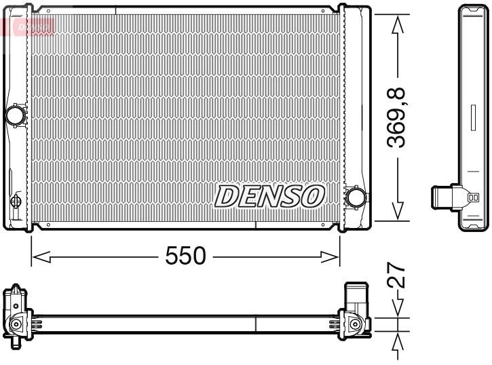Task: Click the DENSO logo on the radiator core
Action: click(x=269, y=196)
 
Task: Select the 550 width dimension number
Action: click(x=185, y=256)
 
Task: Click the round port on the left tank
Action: click(x=14, y=115)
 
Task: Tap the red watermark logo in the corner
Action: click(x=27, y=25)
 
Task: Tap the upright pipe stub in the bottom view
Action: click(x=355, y=296)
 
